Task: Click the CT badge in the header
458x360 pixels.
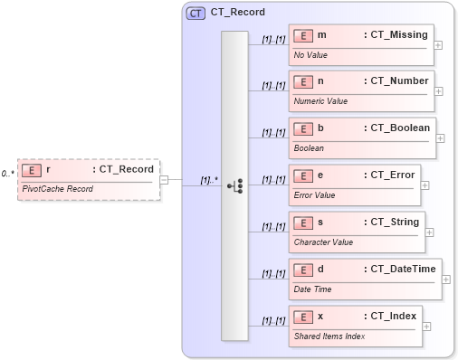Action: [196, 14]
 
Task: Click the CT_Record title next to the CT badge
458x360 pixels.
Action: [237, 14]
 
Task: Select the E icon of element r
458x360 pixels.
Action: [33, 169]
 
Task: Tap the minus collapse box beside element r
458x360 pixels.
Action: [164, 179]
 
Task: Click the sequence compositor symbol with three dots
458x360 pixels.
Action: [235, 185]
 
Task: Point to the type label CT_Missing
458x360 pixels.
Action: [395, 34]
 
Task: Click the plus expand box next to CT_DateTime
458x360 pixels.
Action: [446, 279]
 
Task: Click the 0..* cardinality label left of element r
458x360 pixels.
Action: [7, 172]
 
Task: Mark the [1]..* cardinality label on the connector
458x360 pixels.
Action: [208, 179]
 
